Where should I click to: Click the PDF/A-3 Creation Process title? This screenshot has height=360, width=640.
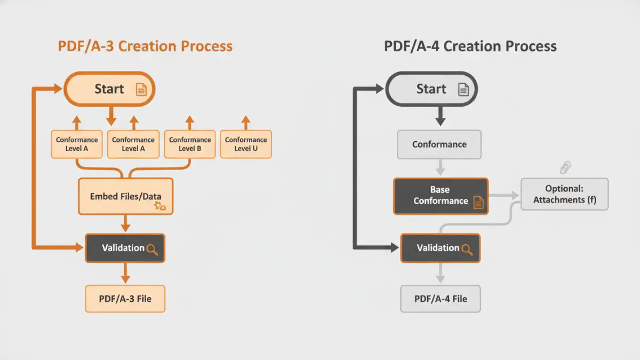coord(145,46)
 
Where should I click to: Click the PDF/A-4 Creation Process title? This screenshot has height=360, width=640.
coord(470,46)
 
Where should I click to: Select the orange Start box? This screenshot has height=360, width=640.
coord(109,89)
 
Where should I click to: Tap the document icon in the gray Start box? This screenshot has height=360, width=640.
coord(463,90)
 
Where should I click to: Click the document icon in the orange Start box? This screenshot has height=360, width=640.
coord(141,90)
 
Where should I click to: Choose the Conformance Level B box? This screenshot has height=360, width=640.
coord(190,144)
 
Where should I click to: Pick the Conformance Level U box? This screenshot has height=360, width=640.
coord(246,144)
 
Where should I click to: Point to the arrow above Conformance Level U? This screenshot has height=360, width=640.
coord(246,122)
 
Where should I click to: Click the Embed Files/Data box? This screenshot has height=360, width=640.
coord(126,196)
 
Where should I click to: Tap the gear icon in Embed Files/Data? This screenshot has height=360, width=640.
coord(160,206)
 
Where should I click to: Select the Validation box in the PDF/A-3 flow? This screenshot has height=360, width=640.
coord(125,248)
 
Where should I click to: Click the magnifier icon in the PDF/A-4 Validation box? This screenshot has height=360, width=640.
coord(467,249)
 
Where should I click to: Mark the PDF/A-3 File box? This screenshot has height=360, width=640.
coord(125,299)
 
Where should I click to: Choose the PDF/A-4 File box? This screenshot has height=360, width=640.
coord(441,299)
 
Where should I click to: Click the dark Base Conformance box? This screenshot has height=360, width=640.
coord(441,196)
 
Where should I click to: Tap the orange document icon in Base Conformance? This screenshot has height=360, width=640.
coord(478,202)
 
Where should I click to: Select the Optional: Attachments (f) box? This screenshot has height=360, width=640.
coord(564,194)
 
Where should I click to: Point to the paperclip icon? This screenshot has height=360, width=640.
coord(565,168)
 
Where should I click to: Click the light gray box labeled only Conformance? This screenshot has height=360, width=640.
coord(439,145)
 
